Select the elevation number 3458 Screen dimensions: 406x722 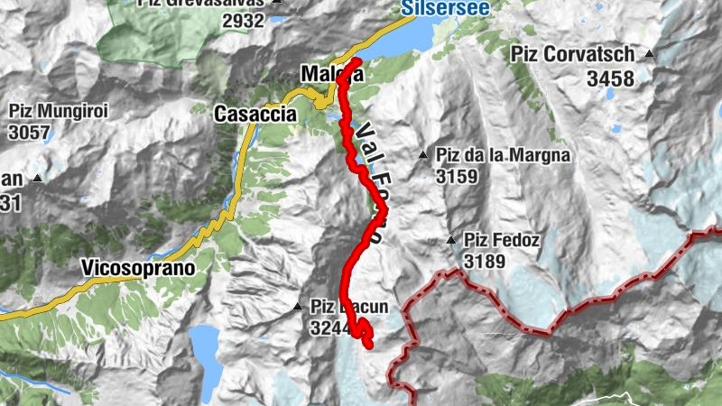610,79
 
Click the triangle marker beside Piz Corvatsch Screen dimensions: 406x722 649,54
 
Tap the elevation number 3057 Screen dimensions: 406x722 30,134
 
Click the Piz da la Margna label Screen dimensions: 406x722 503,155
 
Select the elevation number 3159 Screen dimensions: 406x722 456,177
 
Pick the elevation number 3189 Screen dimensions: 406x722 486,262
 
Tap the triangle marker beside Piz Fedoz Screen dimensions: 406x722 450,240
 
